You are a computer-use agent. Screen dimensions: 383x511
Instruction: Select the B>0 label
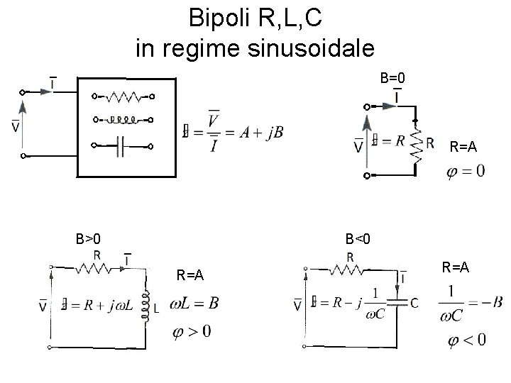coord(92,238)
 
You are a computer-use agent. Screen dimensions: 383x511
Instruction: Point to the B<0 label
coord(358,238)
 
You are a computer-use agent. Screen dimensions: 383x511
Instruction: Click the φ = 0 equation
coord(465,172)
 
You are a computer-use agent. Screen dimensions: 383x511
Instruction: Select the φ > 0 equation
coord(191,331)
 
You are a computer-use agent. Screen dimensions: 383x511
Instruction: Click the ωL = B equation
coord(194,304)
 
